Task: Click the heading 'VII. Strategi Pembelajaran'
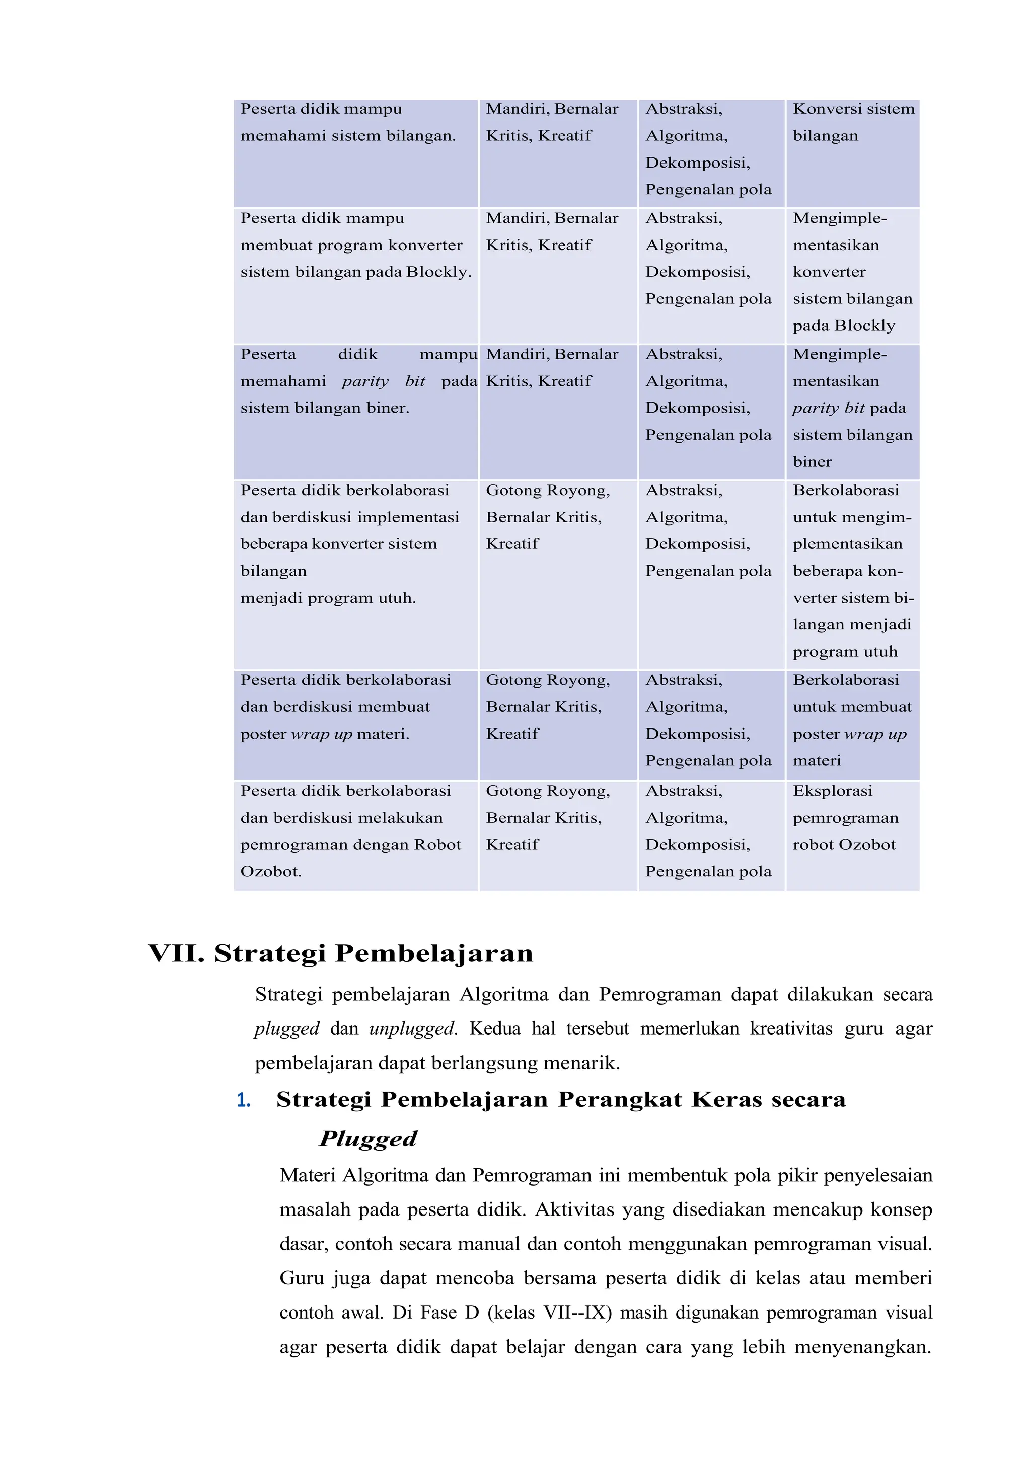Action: tap(340, 954)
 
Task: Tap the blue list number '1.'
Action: tap(243, 1101)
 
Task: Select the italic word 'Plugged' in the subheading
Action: tap(367, 1139)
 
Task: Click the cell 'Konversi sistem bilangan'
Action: tap(853, 122)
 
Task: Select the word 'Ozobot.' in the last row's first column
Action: tap(271, 872)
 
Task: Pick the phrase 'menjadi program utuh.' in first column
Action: tap(328, 598)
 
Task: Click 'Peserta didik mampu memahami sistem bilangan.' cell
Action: tap(348, 122)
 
